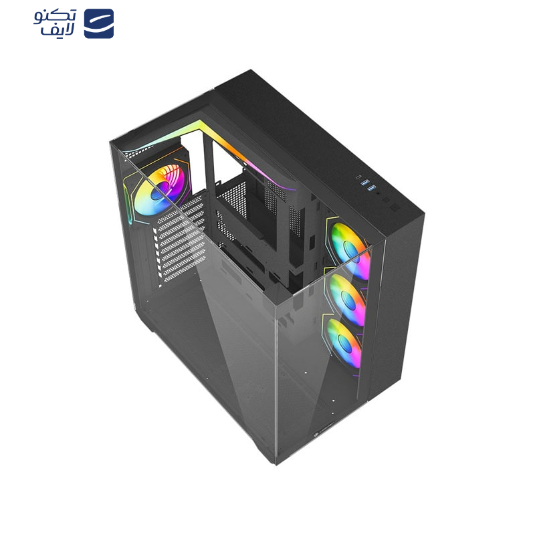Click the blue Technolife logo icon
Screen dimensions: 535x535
coord(98,23)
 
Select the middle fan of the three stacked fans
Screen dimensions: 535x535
coord(346,298)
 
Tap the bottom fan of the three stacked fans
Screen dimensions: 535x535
coord(344,342)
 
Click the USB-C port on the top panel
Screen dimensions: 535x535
coord(359,177)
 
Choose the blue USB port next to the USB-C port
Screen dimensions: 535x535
coord(366,183)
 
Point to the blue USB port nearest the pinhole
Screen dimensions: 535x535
coord(372,188)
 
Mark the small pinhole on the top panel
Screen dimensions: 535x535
coord(378,193)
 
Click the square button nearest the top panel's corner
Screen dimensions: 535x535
coord(395,208)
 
